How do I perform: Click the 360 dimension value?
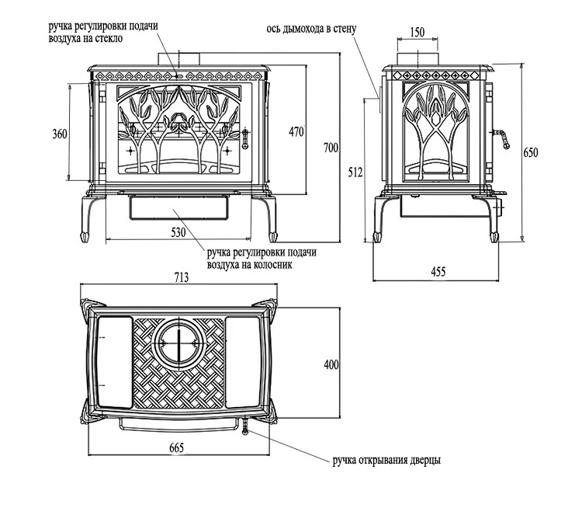(x=60, y=134)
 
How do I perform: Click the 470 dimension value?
(x=296, y=131)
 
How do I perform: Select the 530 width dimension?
(x=178, y=232)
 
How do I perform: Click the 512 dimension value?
(x=355, y=172)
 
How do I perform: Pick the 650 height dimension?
(x=531, y=153)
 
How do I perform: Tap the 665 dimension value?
(x=178, y=448)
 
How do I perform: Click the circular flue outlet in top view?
(x=178, y=343)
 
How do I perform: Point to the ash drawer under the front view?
(x=178, y=207)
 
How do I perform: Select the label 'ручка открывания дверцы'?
(x=386, y=461)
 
